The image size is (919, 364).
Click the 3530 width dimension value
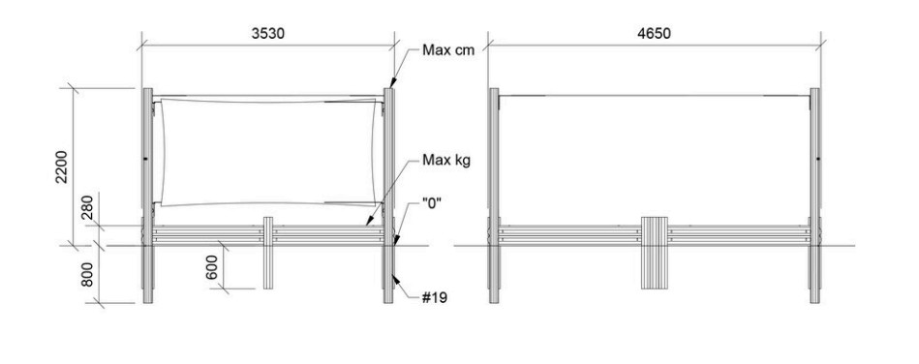[x=268, y=34]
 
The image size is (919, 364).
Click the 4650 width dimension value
[x=654, y=34]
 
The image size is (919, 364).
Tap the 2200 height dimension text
[x=62, y=167]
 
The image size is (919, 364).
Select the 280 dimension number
[x=87, y=207]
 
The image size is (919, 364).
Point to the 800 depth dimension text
[x=87, y=274]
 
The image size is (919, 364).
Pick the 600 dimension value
[x=212, y=267]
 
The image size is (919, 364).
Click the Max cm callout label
[x=448, y=49]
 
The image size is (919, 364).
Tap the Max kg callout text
[x=446, y=160]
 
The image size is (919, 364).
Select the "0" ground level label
[x=432, y=203]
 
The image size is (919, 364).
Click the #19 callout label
[x=434, y=298]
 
